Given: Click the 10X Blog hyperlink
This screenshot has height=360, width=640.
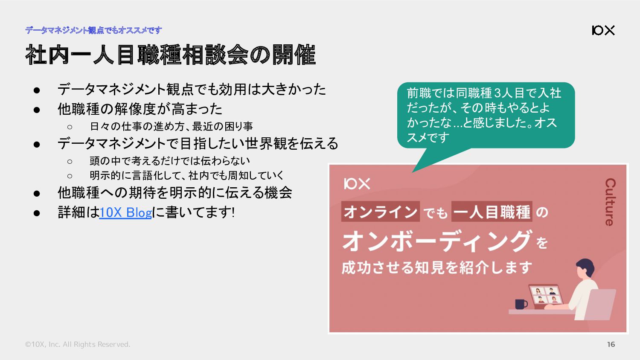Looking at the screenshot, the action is pos(125,212).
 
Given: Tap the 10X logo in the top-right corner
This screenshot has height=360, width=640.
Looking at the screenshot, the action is pos(603,30).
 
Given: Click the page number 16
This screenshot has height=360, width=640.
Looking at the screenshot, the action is pos(611,344).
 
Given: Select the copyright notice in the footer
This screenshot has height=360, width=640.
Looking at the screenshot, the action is pos(77,344).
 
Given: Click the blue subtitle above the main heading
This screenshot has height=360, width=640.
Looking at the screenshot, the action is pos(94,30).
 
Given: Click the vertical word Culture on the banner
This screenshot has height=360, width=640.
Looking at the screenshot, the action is pos(610,202).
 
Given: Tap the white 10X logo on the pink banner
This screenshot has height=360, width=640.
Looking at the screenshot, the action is pos(357,184).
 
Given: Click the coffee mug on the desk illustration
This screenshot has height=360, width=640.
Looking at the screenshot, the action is pos(521,304).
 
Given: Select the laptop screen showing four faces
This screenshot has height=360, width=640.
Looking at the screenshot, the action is pos(545,295).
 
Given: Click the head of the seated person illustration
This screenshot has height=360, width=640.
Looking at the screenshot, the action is pos(585,268).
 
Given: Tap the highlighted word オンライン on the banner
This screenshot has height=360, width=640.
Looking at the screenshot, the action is pos(380,212).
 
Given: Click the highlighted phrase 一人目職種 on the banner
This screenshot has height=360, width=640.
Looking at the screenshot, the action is pos(492,212).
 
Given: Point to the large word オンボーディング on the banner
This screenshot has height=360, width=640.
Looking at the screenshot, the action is pos(437,241).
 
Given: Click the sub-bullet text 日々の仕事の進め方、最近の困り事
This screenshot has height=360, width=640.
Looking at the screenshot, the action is pos(172,126).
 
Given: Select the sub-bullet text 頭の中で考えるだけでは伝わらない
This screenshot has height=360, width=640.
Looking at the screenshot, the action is pos(170,161).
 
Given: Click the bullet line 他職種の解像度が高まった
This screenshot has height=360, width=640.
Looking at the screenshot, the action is pos(140,109).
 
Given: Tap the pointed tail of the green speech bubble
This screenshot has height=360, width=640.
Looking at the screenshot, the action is pos(412,172).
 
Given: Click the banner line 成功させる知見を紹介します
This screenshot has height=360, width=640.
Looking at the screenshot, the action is pos(437,268).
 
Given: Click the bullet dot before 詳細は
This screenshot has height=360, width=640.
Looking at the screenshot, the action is pos(37,213).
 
